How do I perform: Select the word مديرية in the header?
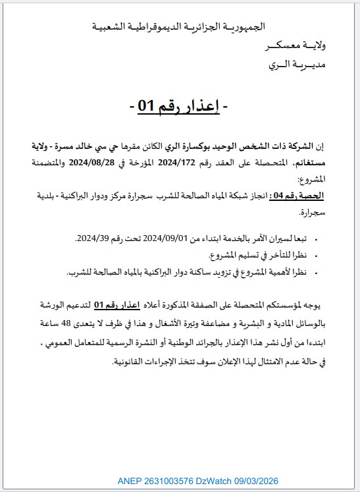pyautogui.click(x=316, y=65)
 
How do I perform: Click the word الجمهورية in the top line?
pyautogui.click(x=236, y=26)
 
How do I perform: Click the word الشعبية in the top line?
pyautogui.click(x=110, y=26)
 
